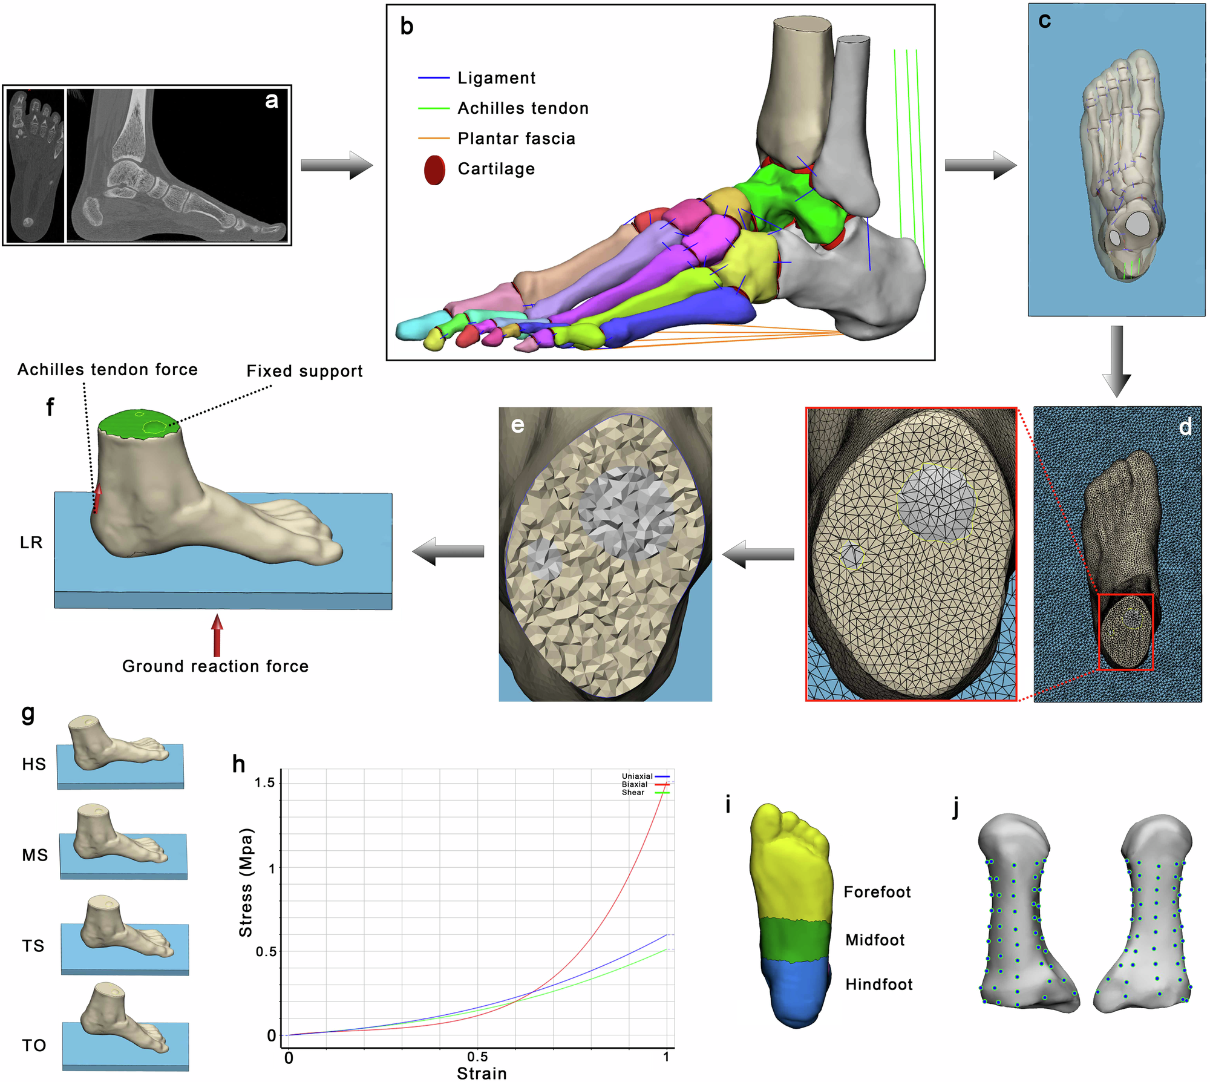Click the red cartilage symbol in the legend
click(x=434, y=170)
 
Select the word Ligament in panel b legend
click(x=496, y=78)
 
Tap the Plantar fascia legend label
click(x=516, y=139)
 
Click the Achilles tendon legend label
click(x=523, y=108)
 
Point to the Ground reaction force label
click(x=215, y=666)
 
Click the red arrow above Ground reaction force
click(x=217, y=635)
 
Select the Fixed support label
click(x=304, y=371)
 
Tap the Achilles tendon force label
click(x=108, y=370)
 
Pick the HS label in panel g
click(x=34, y=764)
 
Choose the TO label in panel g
click(x=34, y=1046)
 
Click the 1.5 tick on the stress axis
click(x=264, y=783)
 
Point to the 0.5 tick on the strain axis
click(x=477, y=1057)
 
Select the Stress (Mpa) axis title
click(x=246, y=882)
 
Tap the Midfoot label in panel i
click(x=875, y=940)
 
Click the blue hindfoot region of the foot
click(x=794, y=992)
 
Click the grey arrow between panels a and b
click(x=336, y=165)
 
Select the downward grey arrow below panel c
click(x=1117, y=361)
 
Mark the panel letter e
click(x=517, y=425)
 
